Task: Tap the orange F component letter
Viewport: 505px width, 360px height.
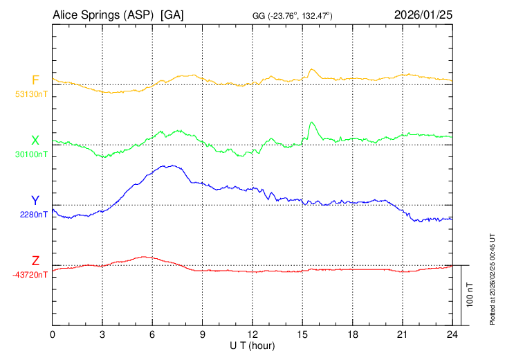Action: click(x=35, y=80)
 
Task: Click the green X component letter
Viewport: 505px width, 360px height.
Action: click(x=35, y=141)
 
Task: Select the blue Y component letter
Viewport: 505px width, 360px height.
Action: click(x=35, y=201)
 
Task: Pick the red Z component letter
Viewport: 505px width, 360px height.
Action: click(x=35, y=261)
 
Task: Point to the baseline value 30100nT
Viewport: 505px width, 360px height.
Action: click(x=31, y=154)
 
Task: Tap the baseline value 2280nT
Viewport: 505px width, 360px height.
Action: click(x=34, y=215)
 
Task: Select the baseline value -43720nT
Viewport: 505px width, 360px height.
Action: click(x=30, y=275)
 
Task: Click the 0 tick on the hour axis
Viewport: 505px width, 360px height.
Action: click(x=53, y=334)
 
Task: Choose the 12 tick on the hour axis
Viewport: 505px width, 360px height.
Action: click(x=252, y=334)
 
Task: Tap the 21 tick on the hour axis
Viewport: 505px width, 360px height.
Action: click(x=402, y=334)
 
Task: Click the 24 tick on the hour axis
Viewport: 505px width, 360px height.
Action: click(x=452, y=334)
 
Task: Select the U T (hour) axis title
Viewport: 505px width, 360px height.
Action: click(x=252, y=345)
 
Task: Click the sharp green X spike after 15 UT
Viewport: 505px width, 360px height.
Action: click(x=312, y=123)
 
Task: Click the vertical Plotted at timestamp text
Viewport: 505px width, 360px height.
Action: click(x=493, y=277)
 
